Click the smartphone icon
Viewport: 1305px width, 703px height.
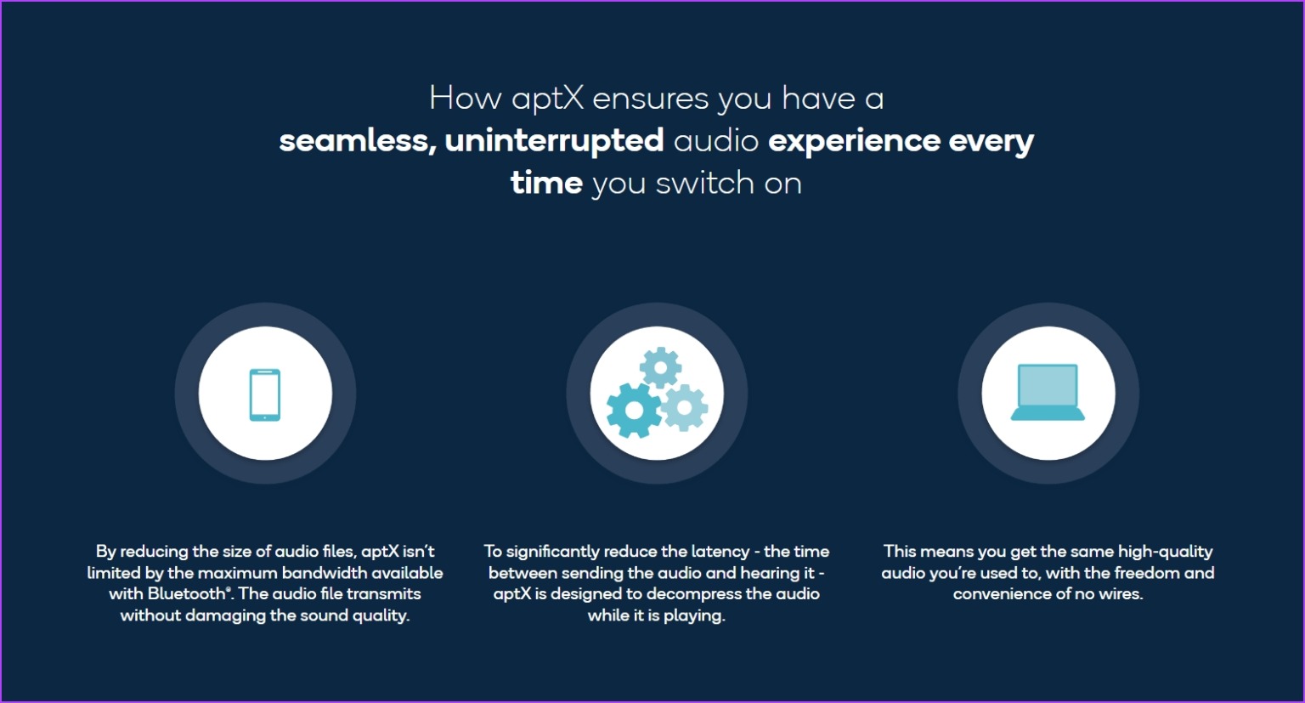click(x=265, y=394)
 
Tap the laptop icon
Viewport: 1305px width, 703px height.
click(x=1048, y=392)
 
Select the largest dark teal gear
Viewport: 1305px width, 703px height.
click(x=633, y=411)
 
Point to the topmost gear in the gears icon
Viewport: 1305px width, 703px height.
click(x=661, y=367)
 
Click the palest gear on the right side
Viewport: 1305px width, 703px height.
click(x=685, y=407)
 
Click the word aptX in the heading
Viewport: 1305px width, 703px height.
click(x=548, y=99)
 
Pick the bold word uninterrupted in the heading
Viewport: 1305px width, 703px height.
click(x=554, y=141)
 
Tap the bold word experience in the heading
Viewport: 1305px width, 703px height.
click(x=854, y=142)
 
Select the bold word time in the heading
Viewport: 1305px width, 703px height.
click(x=546, y=183)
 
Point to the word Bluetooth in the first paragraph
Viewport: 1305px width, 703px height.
click(x=186, y=594)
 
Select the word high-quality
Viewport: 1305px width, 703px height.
click(x=1165, y=552)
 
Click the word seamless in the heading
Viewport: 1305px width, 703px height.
click(x=358, y=142)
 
